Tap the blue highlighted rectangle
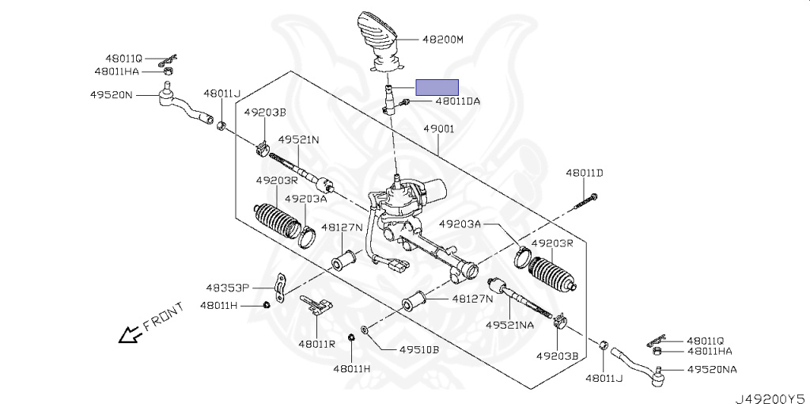point(437,87)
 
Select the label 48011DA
point(457,101)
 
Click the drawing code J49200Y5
point(769,396)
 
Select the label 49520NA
point(712,370)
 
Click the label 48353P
point(228,288)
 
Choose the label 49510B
point(418,349)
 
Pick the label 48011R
point(316,344)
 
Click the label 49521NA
point(510,325)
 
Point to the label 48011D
point(584,173)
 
